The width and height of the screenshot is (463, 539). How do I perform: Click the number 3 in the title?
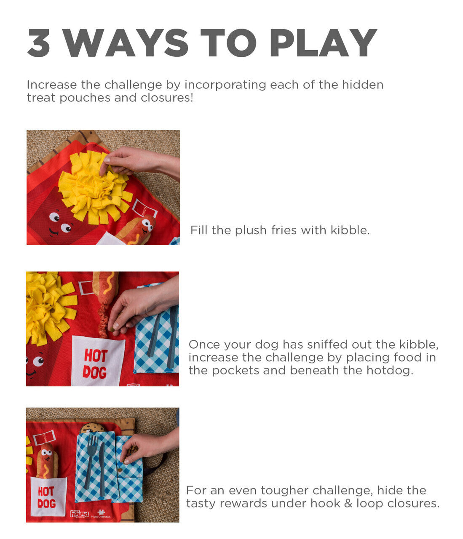[x=39, y=43]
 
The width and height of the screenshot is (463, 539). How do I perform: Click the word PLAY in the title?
[x=323, y=43]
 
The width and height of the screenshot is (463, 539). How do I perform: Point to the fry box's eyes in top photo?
[x=60, y=222]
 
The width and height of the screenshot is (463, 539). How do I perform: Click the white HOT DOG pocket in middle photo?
[x=97, y=361]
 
